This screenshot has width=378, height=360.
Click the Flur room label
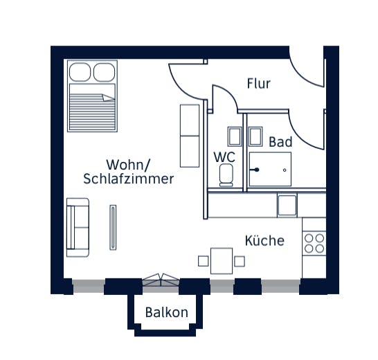(x=258, y=84)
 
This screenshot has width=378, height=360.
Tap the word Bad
(x=280, y=142)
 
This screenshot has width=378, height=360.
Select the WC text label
(x=225, y=157)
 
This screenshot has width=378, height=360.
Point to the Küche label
(x=264, y=241)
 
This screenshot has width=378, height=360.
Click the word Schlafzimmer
(x=128, y=179)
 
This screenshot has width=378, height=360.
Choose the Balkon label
(x=166, y=312)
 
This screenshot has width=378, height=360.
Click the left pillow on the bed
(x=80, y=71)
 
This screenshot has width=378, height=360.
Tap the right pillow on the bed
(x=105, y=71)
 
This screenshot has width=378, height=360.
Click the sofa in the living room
(x=78, y=226)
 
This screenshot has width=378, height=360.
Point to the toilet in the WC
(x=226, y=176)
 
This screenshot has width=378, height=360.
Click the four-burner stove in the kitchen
(x=314, y=242)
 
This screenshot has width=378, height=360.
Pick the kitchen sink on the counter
(x=287, y=205)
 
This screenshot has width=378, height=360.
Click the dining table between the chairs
(x=222, y=261)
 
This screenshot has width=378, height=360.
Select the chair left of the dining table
(x=203, y=261)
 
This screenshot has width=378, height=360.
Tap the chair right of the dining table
(x=240, y=261)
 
